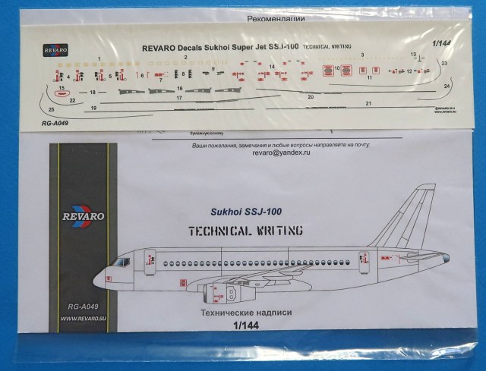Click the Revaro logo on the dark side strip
coord(79,220)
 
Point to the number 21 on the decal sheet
coord(368,102)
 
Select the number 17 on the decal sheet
coord(180,98)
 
